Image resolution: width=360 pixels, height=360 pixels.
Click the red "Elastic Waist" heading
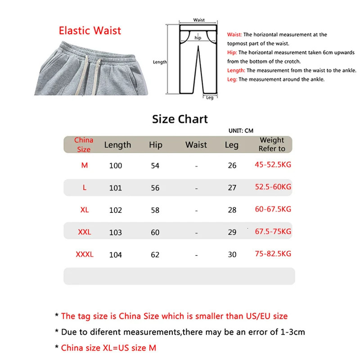coord(90,31)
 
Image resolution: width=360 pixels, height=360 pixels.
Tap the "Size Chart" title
coord(180,119)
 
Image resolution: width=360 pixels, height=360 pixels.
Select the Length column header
coord(117,145)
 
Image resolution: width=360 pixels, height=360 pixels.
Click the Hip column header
coord(155,145)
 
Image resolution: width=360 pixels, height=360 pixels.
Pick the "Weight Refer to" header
coord(272,144)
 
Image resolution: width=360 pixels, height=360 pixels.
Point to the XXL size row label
coord(85,232)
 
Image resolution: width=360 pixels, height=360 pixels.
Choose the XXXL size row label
coord(85,254)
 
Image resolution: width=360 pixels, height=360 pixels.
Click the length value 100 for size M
coord(116,166)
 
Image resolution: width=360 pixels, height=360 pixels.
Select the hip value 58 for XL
coord(155,210)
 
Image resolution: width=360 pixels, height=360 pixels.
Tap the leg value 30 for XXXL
coord(232,255)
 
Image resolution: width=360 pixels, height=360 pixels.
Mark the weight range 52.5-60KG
coord(273,187)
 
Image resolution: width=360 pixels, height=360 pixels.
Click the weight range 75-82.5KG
coord(273,254)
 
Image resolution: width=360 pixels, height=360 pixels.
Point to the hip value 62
coord(155,255)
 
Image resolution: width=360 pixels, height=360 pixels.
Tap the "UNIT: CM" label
coord(241,131)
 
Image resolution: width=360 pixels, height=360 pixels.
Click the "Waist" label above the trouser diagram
coord(199,20)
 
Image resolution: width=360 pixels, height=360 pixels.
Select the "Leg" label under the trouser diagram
coord(210,98)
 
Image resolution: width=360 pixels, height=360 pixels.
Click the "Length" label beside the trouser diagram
coord(160,62)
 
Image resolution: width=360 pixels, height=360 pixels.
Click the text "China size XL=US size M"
coord(108,347)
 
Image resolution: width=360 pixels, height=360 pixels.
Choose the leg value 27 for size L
coord(232,188)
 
